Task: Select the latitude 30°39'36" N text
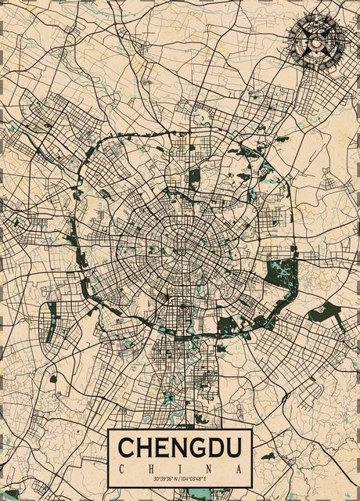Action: tap(164, 478)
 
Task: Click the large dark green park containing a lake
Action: tap(279, 272)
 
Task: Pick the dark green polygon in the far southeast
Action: tap(321, 314)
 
